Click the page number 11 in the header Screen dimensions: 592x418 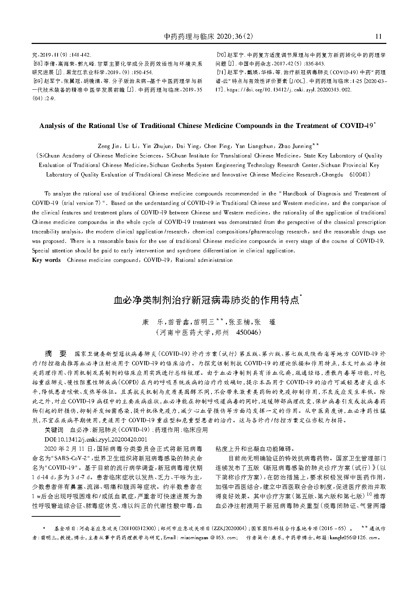pyautogui.click(x=378, y=37)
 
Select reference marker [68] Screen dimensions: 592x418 pyautogui.click(x=37, y=64)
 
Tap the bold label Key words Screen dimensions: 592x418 pyautogui.click(x=46, y=260)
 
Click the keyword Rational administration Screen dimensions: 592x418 pyautogui.click(x=204, y=260)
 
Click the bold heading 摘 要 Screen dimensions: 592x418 pyautogui.click(x=55, y=353)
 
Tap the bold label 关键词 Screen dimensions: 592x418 pyautogui.click(x=54, y=430)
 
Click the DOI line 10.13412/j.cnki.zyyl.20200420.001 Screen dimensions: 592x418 pyautogui.click(x=96, y=439)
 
